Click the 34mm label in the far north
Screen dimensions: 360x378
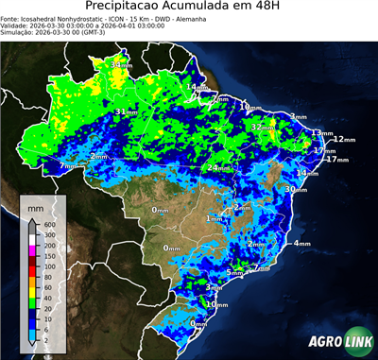tap(122, 64)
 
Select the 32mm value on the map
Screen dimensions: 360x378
tap(261, 127)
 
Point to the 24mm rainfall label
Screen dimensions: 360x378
tap(216, 168)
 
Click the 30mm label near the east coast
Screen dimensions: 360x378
tap(295, 190)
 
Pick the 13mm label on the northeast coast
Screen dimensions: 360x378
tap(321, 133)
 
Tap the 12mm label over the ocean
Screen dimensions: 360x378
tap(344, 140)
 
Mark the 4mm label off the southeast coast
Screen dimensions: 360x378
tap(301, 244)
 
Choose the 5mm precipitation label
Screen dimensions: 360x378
tap(234, 273)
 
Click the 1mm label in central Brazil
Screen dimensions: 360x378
tap(215, 219)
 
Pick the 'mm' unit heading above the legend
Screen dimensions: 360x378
tap(36, 205)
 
